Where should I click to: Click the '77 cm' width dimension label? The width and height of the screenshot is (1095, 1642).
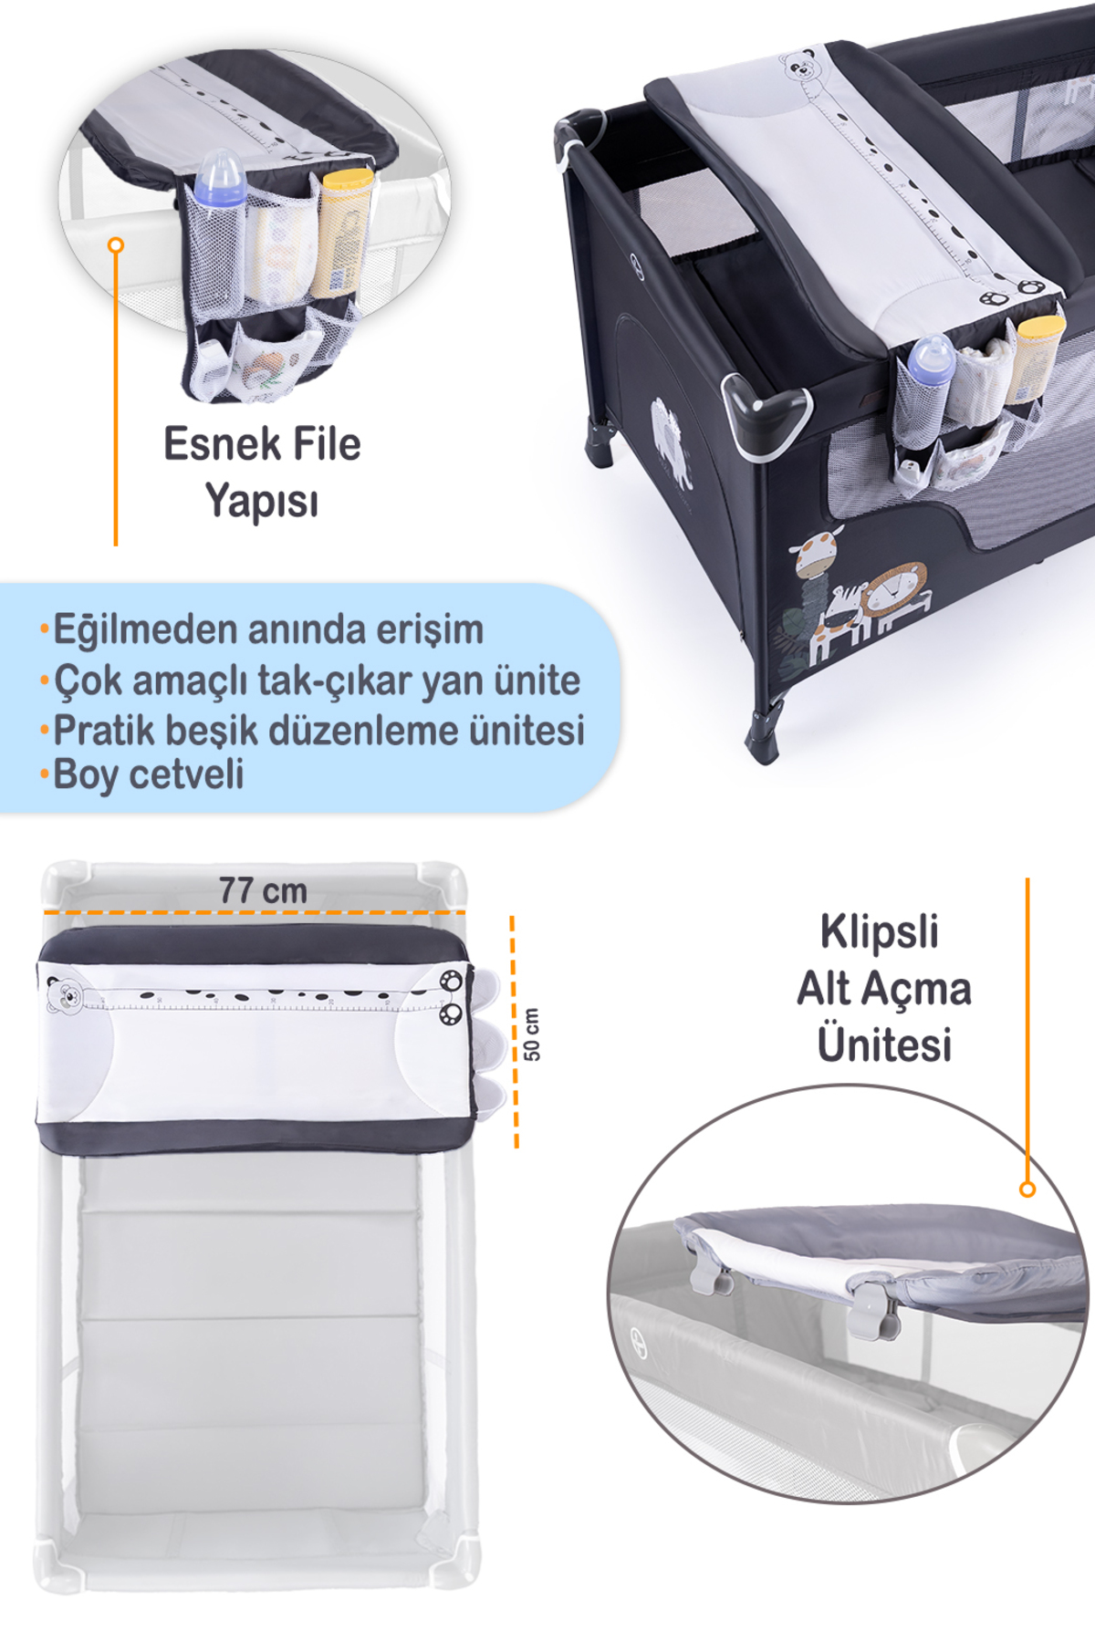(263, 890)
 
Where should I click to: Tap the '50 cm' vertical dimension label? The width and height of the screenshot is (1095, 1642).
(532, 1034)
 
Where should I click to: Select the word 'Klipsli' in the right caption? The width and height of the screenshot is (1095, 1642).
(879, 932)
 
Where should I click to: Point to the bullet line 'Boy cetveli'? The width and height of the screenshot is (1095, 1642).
(149, 774)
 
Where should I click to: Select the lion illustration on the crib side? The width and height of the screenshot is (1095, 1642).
(896, 598)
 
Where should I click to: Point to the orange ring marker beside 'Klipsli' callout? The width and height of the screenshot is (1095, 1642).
(1027, 1189)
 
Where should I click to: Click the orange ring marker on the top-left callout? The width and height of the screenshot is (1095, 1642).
(115, 244)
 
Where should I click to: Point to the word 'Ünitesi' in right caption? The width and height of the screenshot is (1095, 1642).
(884, 1044)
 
